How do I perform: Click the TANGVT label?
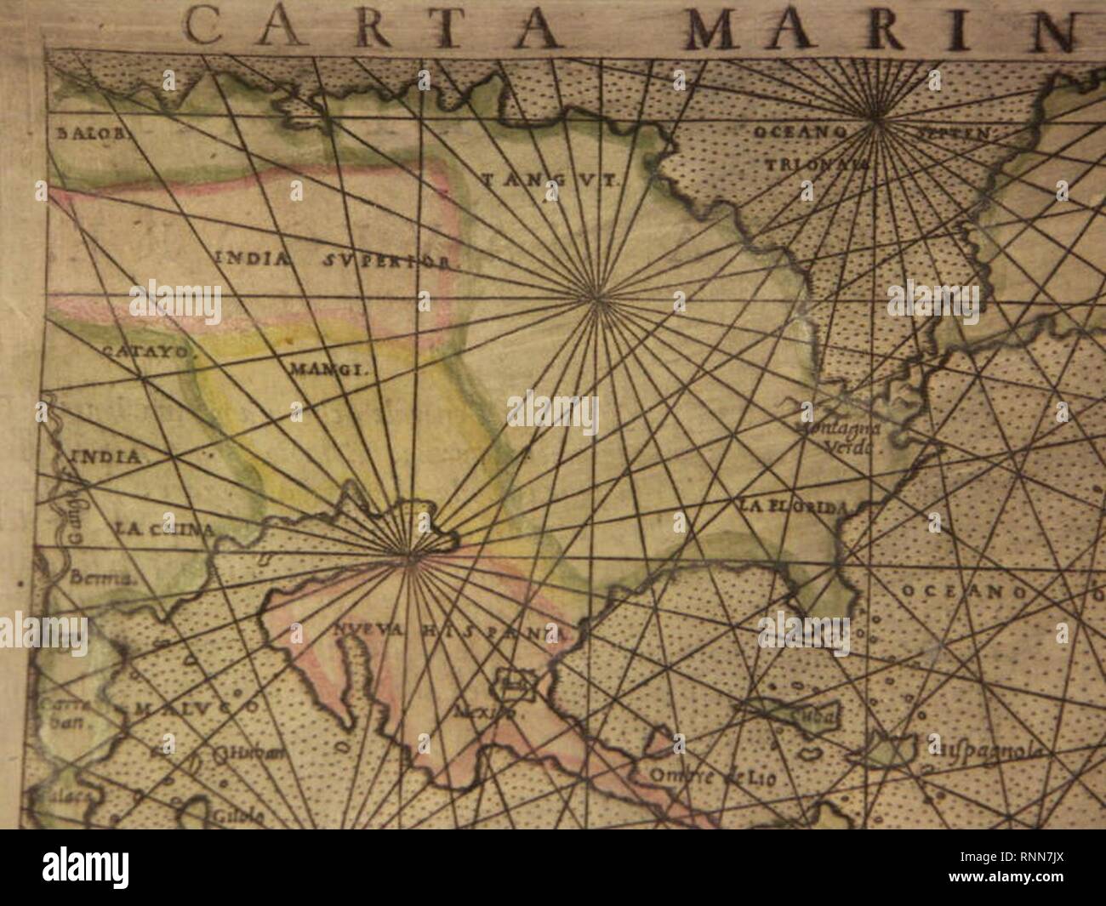pyautogui.click(x=553, y=180)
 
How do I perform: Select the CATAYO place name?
pyautogui.click(x=150, y=350)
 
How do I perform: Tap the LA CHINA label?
pyautogui.click(x=162, y=529)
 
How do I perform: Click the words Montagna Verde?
pyautogui.click(x=843, y=437)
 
